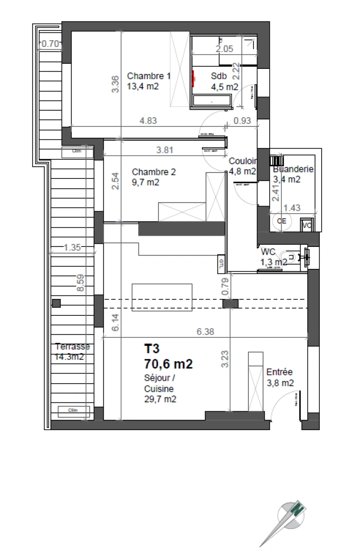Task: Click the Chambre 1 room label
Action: pyautogui.click(x=149, y=76)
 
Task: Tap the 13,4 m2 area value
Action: pyautogui.click(x=143, y=87)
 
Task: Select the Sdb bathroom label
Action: pyautogui.click(x=218, y=76)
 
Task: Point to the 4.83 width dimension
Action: pyautogui.click(x=148, y=121)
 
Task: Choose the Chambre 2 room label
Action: pyautogui.click(x=153, y=172)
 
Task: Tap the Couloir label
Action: pyautogui.click(x=242, y=160)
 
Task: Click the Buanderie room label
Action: pyautogui.click(x=293, y=169)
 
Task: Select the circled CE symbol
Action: pyautogui.click(x=281, y=221)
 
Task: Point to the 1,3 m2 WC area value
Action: pyautogui.click(x=273, y=262)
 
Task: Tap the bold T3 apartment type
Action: pyautogui.click(x=152, y=349)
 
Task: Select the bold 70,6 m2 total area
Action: pyautogui.click(x=169, y=364)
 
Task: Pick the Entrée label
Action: pyautogui.click(x=279, y=372)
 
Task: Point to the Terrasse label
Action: pyautogui.click(x=72, y=347)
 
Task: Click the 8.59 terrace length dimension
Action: pyautogui.click(x=80, y=283)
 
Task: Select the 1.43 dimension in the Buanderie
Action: pyautogui.click(x=292, y=208)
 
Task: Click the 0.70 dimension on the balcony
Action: pyautogui.click(x=49, y=44)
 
